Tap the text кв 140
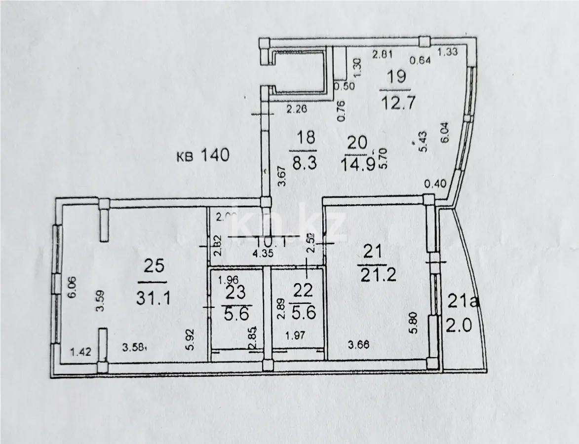click(203, 156)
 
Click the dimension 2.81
click(382, 55)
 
